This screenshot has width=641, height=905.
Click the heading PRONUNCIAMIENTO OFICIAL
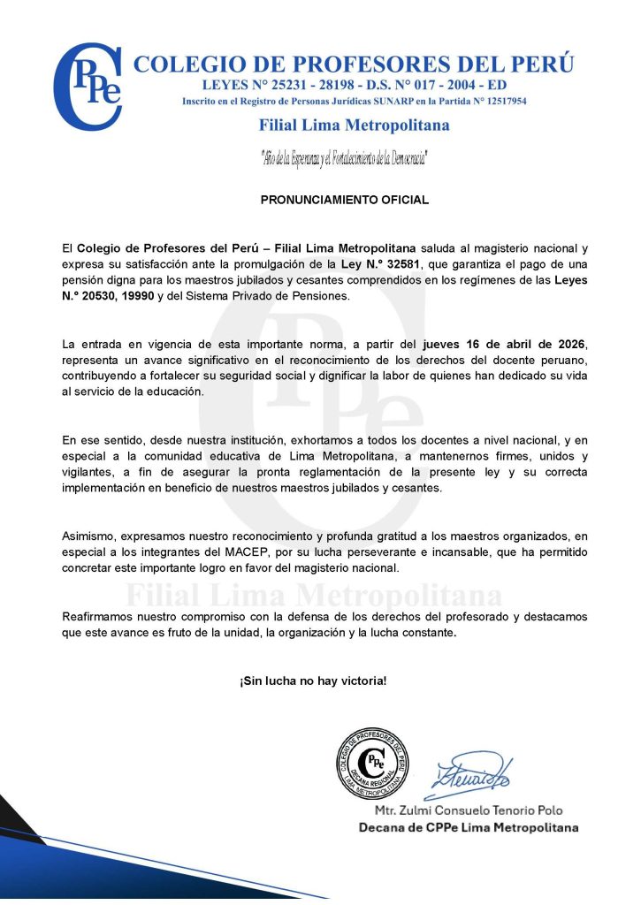(344, 200)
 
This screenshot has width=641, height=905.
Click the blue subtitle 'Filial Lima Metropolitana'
(354, 125)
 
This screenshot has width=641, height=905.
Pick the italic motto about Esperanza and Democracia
(345, 159)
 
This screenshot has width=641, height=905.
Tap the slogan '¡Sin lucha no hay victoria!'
(312, 681)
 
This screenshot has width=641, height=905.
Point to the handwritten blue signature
(473, 772)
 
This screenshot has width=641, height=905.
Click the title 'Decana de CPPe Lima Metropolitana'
(468, 827)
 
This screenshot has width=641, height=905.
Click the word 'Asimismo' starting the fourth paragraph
(88, 536)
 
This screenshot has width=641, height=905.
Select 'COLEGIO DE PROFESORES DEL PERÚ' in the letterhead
(353, 65)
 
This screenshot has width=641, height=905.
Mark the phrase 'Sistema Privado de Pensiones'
(262, 295)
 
